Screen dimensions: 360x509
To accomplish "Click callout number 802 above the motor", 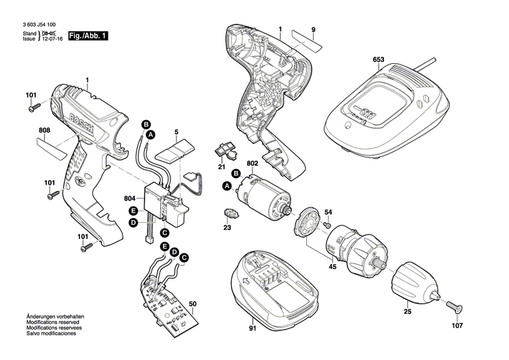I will pyautogui.click(x=253, y=163).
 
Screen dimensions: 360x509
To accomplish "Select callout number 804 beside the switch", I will pyautogui.click(x=130, y=198).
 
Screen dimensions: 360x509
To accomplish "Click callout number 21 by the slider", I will pyautogui.click(x=222, y=166).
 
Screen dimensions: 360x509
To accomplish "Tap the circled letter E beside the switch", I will pyautogui.click(x=134, y=211).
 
